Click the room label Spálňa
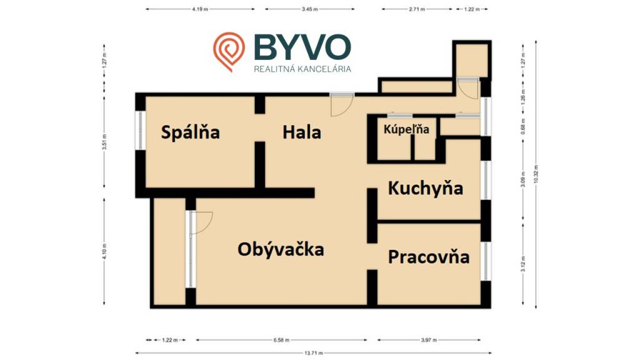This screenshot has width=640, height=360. point(190,132)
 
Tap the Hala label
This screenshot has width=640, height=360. point(301,132)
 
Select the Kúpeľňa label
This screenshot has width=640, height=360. point(406,130)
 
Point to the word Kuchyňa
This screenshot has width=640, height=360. point(425,188)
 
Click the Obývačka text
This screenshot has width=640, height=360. point(281,249)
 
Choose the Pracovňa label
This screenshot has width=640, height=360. point(429,257)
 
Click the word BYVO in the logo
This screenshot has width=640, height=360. point(302,47)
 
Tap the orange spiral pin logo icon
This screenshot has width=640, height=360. point(228,51)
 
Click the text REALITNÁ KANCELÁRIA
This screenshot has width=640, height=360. point(302,69)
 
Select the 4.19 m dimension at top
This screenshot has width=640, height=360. point(200,9)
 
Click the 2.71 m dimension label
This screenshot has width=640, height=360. point(417,9)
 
